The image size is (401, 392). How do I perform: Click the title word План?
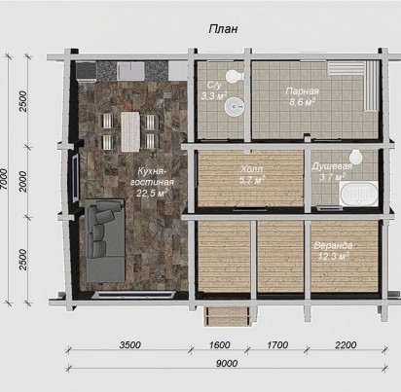point(223,29)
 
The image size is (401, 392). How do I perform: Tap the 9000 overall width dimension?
point(227,364)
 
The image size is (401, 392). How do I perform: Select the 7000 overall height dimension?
point(5,179)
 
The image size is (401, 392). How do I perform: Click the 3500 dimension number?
point(129,344)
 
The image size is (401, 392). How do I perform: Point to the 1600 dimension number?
point(219,344)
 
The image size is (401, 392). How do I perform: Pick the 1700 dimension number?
point(277,344)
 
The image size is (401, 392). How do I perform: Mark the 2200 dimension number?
point(346,344)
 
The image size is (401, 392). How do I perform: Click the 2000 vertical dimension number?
point(23,182)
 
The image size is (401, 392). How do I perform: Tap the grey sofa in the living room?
point(105,240)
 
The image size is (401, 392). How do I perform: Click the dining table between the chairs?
point(130,131)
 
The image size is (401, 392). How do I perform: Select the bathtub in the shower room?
point(359,194)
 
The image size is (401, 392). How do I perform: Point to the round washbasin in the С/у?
point(235,106)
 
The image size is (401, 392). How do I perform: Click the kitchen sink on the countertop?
point(130,72)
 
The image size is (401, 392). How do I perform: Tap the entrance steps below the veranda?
point(228,316)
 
